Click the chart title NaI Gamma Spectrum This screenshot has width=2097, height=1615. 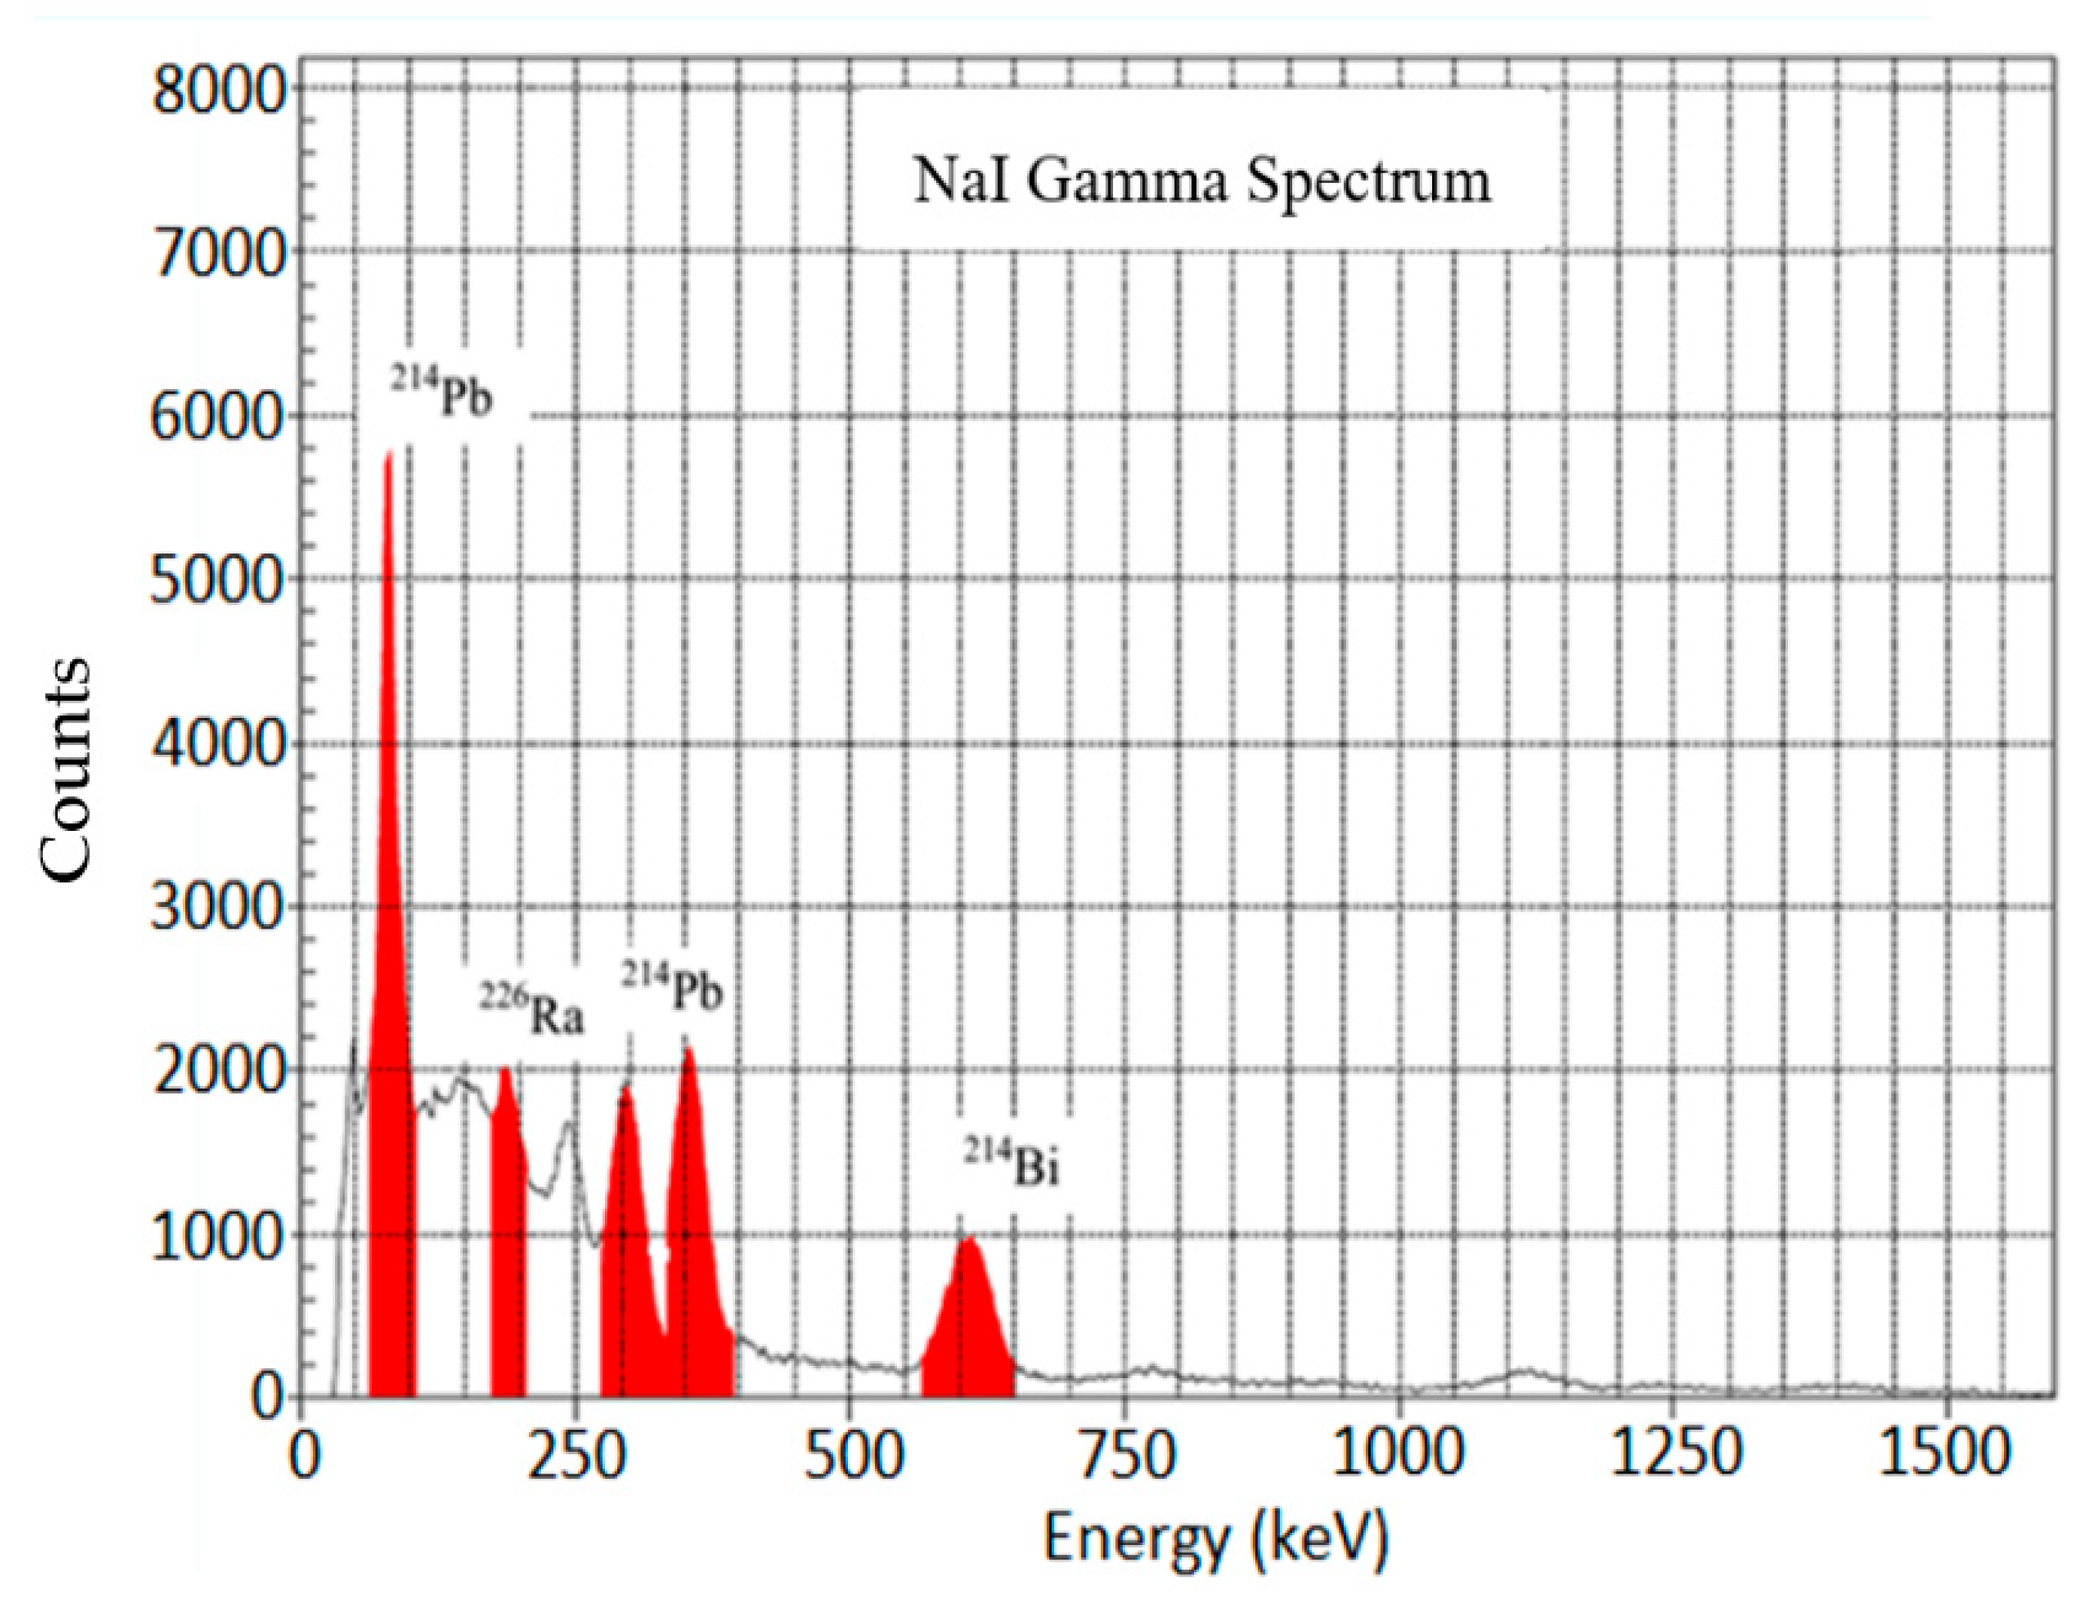point(1201,180)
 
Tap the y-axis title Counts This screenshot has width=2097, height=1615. point(65,768)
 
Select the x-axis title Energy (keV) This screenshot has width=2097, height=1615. point(1215,1537)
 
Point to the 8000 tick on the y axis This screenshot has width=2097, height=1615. point(220,92)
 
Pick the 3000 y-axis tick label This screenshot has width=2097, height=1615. point(220,906)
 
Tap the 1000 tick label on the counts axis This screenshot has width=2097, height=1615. point(220,1236)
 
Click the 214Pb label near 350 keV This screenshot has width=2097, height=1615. point(671,986)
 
